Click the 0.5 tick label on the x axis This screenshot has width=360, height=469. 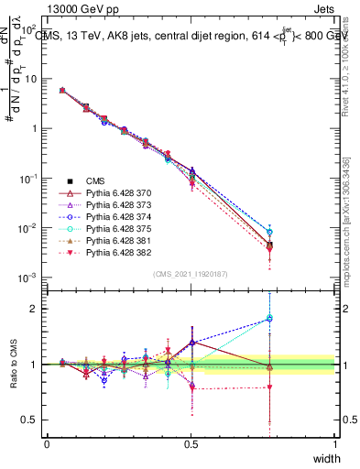(x=191, y=443)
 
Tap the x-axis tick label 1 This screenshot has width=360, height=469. (x=334, y=443)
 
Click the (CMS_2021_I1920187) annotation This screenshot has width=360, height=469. (x=191, y=274)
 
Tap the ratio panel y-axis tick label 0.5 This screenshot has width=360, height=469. (x=31, y=421)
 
